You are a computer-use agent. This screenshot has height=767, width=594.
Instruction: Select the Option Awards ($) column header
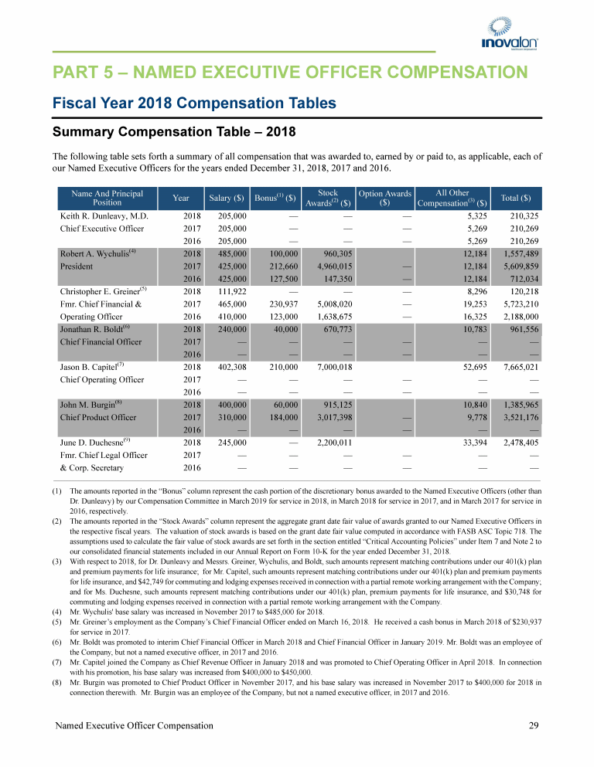384,198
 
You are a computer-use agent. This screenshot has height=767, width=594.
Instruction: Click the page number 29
533,725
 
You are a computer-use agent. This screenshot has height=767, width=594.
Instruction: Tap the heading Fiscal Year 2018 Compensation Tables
194,103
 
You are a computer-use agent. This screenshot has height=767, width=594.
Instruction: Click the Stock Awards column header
328,198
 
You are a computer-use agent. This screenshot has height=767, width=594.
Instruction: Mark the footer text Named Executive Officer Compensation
133,725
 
